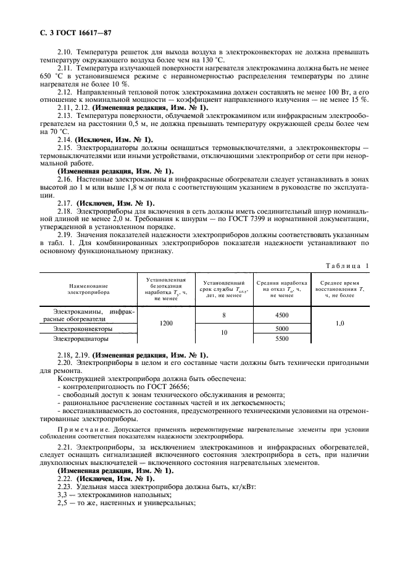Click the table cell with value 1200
pyautogui.click(x=166, y=323)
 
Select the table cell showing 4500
pyautogui.click(x=282, y=315)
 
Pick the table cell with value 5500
pyautogui.click(x=282, y=339)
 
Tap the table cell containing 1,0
pyautogui.click(x=340, y=323)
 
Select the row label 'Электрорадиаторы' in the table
pyautogui.click(x=81, y=339)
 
